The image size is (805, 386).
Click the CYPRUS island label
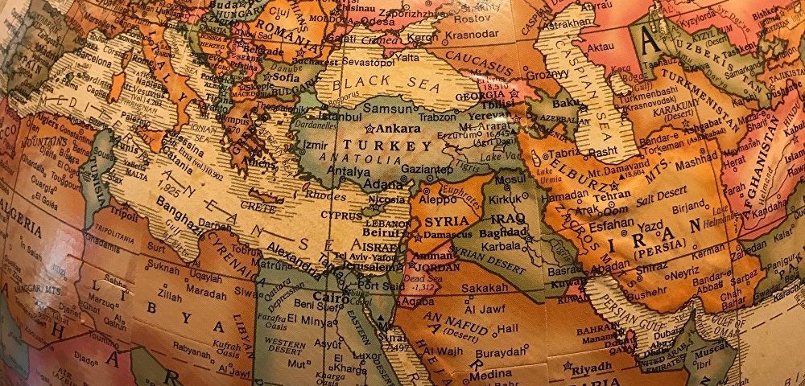pos(341,216)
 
